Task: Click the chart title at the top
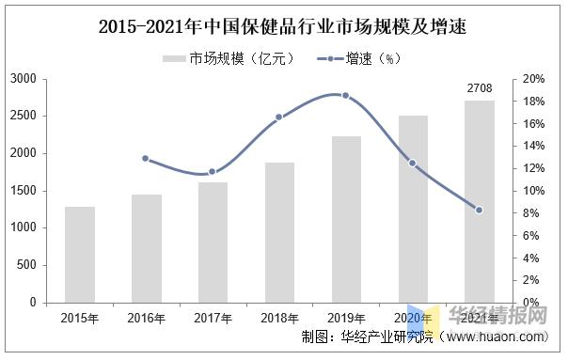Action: point(283,26)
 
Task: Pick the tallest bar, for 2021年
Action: point(480,201)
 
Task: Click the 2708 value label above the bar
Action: point(480,89)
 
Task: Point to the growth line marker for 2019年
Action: point(346,96)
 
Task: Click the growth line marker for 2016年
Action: point(146,158)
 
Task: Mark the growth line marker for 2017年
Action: point(213,171)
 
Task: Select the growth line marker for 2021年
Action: point(480,210)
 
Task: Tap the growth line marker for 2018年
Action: point(279,117)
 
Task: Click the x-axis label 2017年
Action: point(213,319)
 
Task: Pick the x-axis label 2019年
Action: point(346,319)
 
